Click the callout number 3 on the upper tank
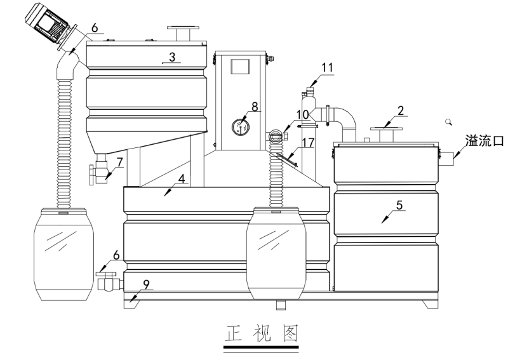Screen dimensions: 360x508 coord(171,57)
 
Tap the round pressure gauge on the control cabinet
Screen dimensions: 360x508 coord(239,126)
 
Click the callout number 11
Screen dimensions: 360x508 coord(326,67)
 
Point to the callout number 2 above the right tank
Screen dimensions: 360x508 coord(401,110)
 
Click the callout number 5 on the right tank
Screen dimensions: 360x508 coord(399,205)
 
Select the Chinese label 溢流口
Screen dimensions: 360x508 coord(485,141)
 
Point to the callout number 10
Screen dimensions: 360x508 coord(302,114)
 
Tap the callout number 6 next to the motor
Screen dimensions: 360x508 coord(94,28)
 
